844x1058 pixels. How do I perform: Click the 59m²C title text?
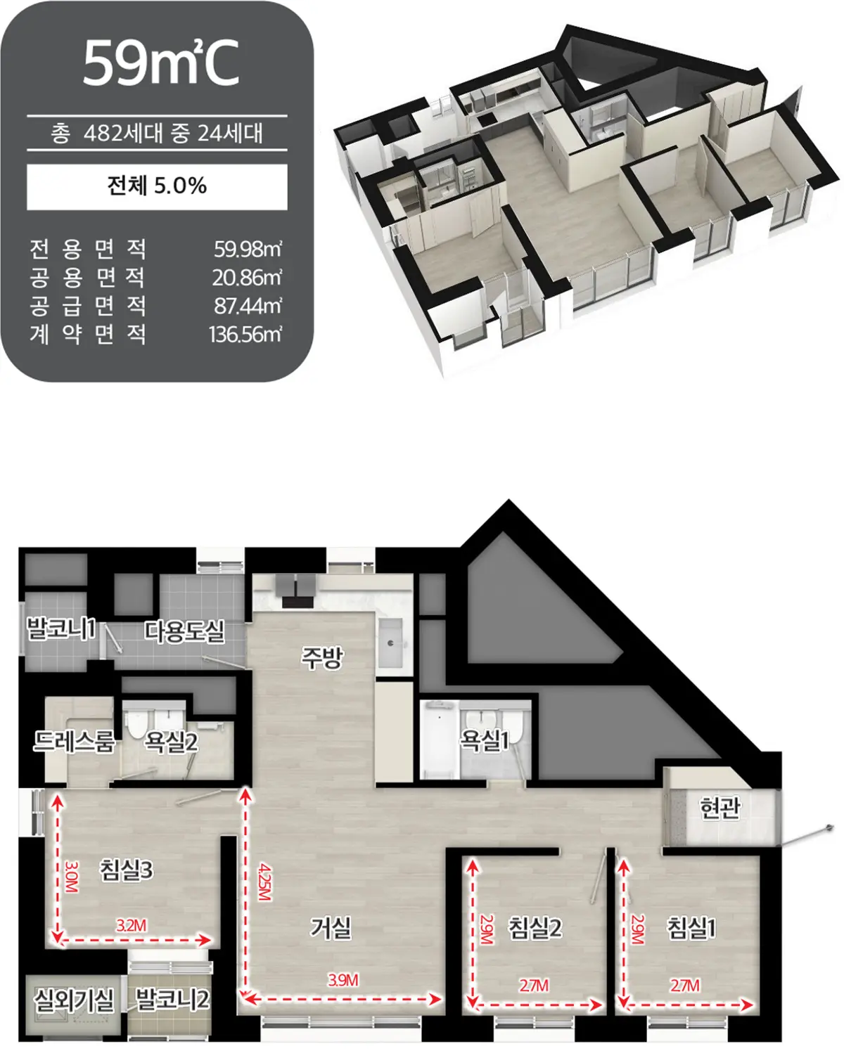tap(160, 63)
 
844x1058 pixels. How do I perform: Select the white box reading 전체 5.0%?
tap(157, 187)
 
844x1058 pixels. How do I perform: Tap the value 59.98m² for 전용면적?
tap(248, 250)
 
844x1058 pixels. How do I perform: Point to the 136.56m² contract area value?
tap(245, 335)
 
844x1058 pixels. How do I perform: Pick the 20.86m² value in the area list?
tap(247, 278)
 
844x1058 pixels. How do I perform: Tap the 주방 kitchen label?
tap(322, 658)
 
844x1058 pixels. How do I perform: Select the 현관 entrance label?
tap(720, 807)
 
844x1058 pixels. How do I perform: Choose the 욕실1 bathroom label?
tap(484, 740)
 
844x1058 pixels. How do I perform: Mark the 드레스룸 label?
tap(75, 741)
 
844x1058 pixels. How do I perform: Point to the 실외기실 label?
tap(74, 999)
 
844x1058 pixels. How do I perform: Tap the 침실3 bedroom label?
tap(127, 870)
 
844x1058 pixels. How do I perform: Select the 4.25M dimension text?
tap(264, 882)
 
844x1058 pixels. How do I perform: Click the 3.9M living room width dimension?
tap(343, 981)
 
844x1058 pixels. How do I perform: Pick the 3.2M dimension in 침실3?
tap(132, 926)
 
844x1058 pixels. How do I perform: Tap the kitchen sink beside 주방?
tap(391, 643)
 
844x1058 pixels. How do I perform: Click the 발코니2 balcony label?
tap(172, 999)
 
